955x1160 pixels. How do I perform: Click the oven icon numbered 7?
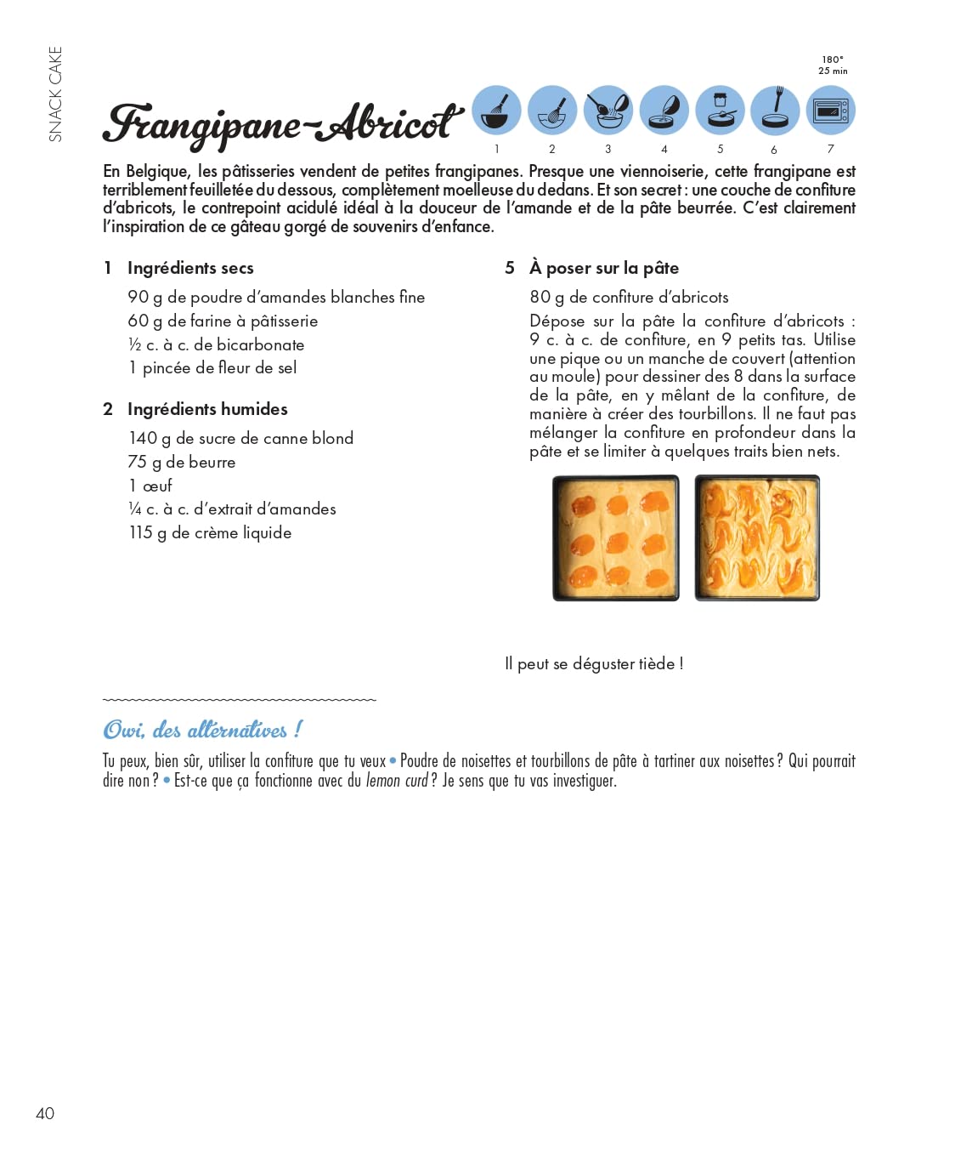point(831,111)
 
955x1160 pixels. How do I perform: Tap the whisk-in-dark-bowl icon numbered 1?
point(496,111)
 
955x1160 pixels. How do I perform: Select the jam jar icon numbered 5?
point(720,111)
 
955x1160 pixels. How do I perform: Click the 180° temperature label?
point(833,60)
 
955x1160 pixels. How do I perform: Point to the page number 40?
point(45,1113)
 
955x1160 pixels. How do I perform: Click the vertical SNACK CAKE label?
point(56,94)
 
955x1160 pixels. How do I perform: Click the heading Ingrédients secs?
point(190,268)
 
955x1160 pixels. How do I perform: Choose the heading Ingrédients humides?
point(207,409)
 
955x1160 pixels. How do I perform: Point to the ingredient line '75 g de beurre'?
point(182,462)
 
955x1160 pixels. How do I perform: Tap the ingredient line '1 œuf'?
point(150,486)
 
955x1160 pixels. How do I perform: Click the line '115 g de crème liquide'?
point(210,533)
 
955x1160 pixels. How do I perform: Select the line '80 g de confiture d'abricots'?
point(629,297)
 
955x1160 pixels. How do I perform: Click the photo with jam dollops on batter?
point(616,537)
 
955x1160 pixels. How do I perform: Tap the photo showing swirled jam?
point(757,537)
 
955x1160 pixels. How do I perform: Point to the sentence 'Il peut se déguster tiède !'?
point(594,663)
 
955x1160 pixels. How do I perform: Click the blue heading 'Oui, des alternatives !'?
point(202,730)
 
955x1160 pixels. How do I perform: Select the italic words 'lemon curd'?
point(397,781)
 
